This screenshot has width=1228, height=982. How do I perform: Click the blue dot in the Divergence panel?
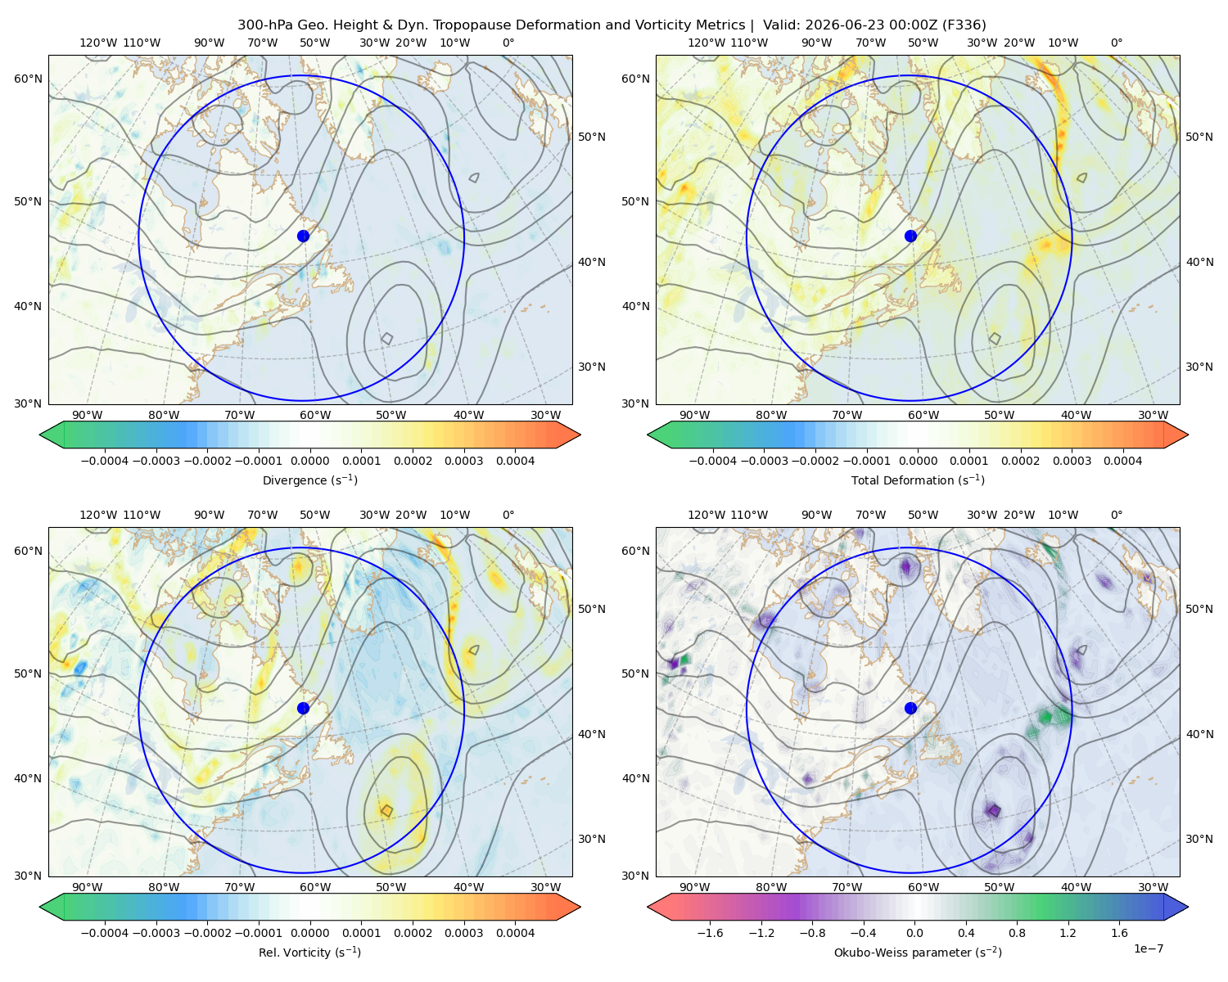pyautogui.click(x=303, y=236)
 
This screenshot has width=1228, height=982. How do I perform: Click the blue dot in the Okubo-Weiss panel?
pyautogui.click(x=910, y=708)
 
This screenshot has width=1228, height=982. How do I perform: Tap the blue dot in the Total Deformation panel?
pyautogui.click(x=910, y=236)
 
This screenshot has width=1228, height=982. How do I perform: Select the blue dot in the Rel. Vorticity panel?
pyautogui.click(x=303, y=708)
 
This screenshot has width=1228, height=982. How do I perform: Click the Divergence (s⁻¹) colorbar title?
pyautogui.click(x=309, y=480)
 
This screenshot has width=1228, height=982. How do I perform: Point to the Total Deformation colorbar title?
pyautogui.click(x=918, y=480)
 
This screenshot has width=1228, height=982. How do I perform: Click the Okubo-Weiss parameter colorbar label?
pyautogui.click(x=918, y=953)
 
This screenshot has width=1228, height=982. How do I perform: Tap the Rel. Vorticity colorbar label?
pyautogui.click(x=309, y=953)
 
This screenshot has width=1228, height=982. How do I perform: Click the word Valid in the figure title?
pyautogui.click(x=779, y=25)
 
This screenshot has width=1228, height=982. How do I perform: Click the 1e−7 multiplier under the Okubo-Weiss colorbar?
pyautogui.click(x=1148, y=948)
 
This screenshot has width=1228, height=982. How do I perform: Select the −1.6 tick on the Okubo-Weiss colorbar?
pyautogui.click(x=710, y=933)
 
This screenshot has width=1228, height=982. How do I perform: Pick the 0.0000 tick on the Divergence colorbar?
pyautogui.click(x=309, y=461)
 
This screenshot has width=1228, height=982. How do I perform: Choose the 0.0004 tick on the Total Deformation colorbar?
pyautogui.click(x=1122, y=461)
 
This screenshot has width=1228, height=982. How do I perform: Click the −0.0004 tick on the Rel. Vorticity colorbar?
pyautogui.click(x=105, y=933)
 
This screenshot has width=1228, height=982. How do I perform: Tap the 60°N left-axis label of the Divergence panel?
pyautogui.click(x=28, y=79)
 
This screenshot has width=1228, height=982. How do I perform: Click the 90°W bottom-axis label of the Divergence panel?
pyautogui.click(x=88, y=415)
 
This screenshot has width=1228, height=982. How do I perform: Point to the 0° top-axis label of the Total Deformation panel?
pyautogui.click(x=1116, y=43)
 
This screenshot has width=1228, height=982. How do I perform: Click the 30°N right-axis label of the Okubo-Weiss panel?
pyautogui.click(x=1199, y=839)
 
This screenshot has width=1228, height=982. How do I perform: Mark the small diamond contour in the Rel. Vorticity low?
pyautogui.click(x=387, y=811)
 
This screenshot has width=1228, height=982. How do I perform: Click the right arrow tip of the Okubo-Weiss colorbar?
pyautogui.click(x=1188, y=908)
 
